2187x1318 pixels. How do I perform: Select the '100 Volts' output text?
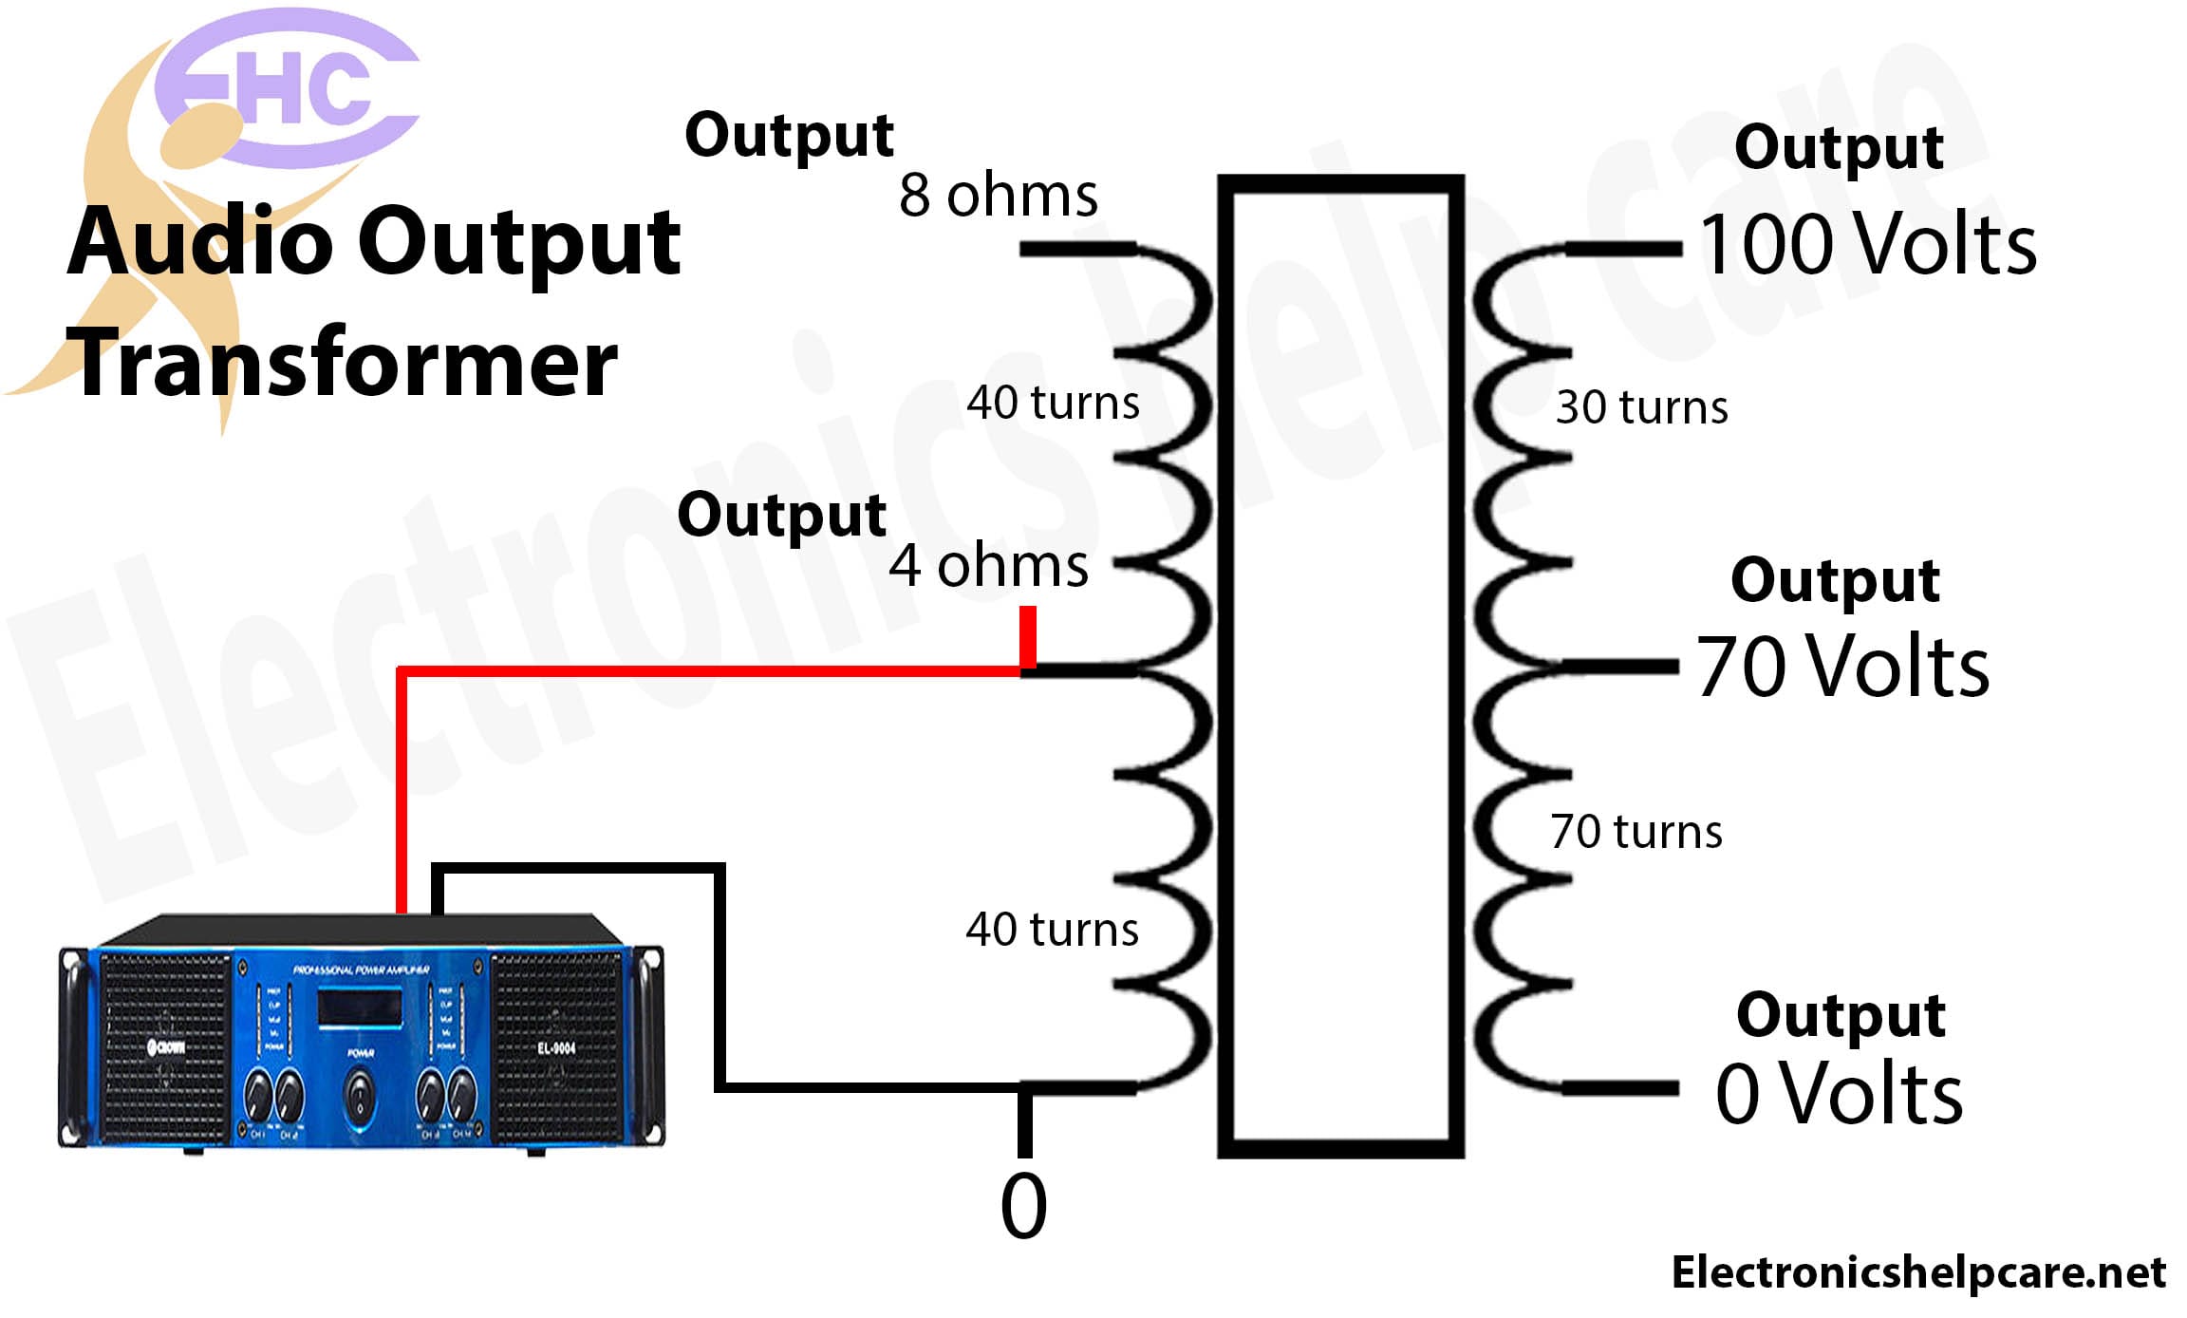(x=1867, y=244)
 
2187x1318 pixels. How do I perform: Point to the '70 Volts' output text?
(x=1842, y=667)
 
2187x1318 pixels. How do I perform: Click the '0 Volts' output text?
(x=1839, y=1093)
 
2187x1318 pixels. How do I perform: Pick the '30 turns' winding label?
(x=1641, y=406)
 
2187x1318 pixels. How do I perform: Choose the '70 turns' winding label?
(x=1636, y=831)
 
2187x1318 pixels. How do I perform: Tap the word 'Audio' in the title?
(x=198, y=241)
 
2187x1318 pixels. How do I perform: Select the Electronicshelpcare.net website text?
(x=1918, y=1272)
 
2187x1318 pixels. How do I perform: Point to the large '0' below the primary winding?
(x=1023, y=1206)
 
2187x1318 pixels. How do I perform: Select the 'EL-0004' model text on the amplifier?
(x=556, y=1048)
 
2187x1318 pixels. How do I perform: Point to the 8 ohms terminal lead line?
(x=1077, y=250)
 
